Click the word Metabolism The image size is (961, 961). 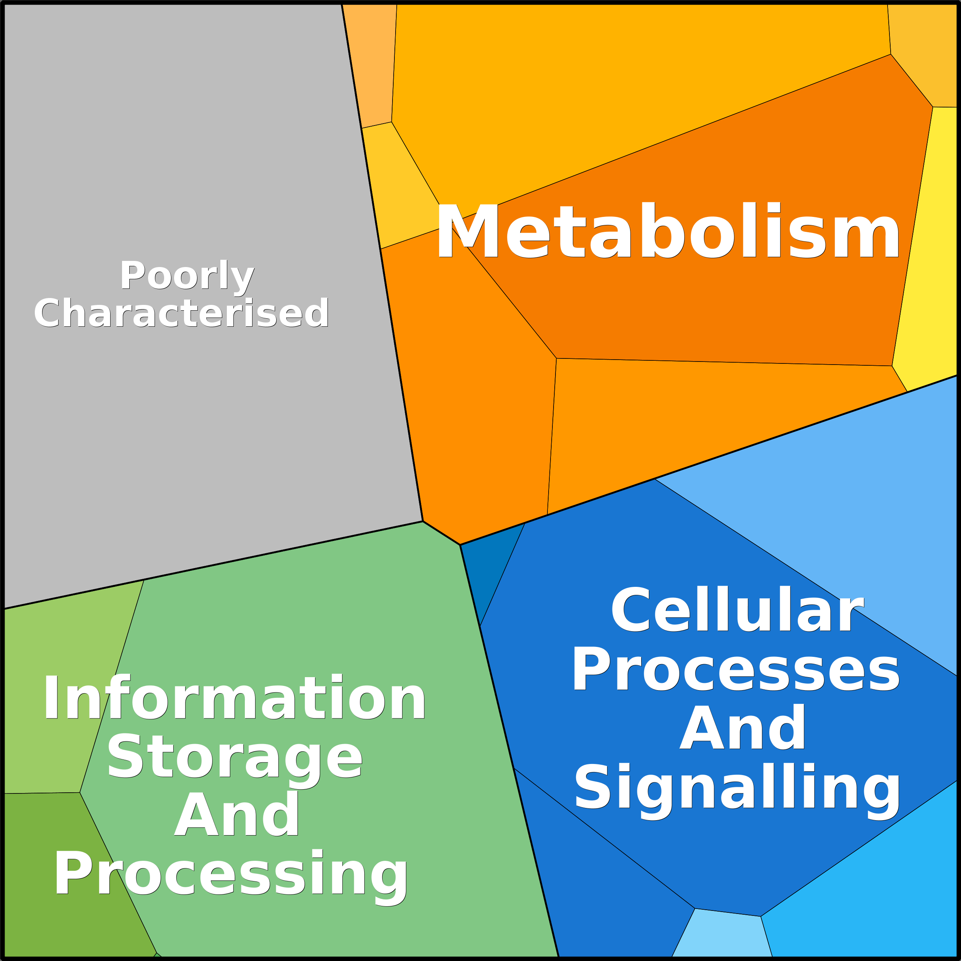668,231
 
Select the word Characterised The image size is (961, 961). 181,313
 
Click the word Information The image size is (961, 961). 234,697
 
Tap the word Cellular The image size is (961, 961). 737,609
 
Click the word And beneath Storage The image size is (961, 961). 237,814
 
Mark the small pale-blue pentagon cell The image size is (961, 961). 722,935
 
